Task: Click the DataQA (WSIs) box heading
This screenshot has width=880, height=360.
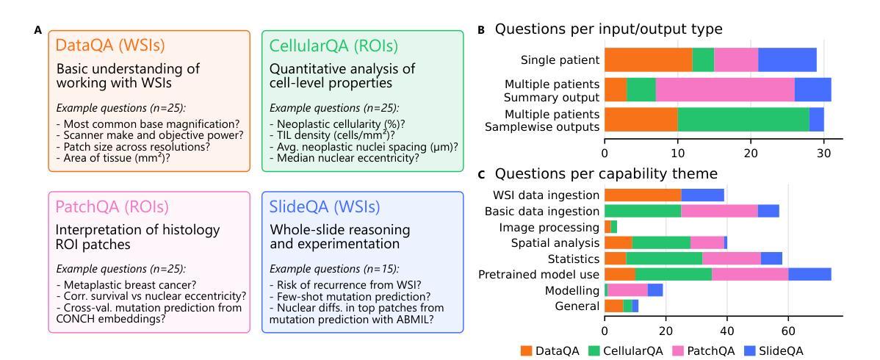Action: (x=110, y=45)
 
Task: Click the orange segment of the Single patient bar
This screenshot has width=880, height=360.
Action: (x=648, y=60)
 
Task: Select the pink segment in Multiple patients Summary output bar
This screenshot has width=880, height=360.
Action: (x=725, y=90)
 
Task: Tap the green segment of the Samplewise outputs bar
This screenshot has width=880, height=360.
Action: (x=743, y=120)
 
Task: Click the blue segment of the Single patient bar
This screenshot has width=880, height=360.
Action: (x=787, y=60)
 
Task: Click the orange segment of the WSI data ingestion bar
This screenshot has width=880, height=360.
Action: (x=643, y=195)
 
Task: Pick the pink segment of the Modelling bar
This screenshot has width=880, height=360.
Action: (x=627, y=290)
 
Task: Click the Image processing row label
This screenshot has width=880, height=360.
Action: (x=549, y=228)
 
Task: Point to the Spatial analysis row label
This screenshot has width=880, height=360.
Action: (x=555, y=243)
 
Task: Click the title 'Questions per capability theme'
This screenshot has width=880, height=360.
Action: (x=606, y=173)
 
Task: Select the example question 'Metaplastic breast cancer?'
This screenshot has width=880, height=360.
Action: (x=130, y=285)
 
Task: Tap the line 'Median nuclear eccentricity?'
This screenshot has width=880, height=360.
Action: (x=345, y=158)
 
